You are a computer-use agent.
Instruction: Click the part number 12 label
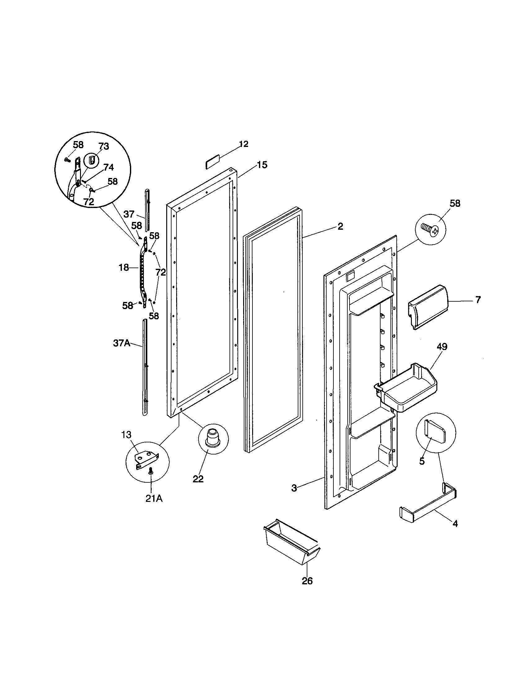[243, 144]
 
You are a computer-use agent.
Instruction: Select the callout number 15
[262, 165]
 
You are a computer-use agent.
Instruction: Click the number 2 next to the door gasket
[341, 226]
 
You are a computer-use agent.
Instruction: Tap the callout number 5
[422, 461]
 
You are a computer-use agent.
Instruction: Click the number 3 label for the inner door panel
[294, 488]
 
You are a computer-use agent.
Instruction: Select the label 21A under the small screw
[154, 499]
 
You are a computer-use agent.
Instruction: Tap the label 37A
[122, 343]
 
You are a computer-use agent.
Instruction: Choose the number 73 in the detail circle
[104, 146]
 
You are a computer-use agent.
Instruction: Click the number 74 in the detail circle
[108, 167]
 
